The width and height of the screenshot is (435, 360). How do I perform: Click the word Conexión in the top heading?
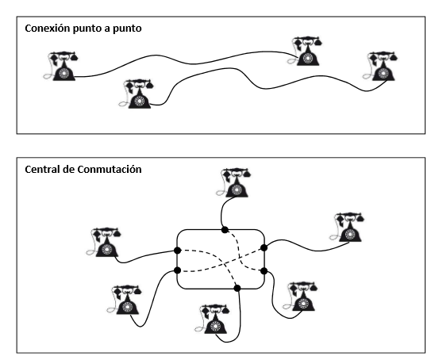tap(47, 29)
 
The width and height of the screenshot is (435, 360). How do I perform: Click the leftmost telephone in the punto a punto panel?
tap(61, 66)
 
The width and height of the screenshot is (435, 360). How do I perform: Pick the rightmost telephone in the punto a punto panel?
tap(380, 66)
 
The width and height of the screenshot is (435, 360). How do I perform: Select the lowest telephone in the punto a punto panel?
tap(136, 94)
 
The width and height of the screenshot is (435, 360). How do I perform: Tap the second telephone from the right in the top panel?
tap(305, 51)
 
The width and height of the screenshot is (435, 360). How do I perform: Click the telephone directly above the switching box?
tap(233, 182)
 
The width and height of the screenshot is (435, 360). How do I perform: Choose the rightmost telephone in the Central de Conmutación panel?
tap(347, 228)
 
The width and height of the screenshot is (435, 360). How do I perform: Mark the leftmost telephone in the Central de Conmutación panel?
tap(103, 242)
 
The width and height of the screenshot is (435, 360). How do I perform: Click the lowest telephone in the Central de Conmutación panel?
tap(212, 319)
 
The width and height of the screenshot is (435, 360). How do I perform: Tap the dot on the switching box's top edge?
tap(225, 230)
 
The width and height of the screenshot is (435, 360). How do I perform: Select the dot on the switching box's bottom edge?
tap(237, 288)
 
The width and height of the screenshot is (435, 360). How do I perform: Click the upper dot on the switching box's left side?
tap(178, 251)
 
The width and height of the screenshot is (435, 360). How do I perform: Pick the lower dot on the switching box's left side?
tap(178, 270)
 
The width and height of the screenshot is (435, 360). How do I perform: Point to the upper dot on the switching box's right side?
tap(264, 247)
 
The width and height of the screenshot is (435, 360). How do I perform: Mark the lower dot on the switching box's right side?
tap(264, 270)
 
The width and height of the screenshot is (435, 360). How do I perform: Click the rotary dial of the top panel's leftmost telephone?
tap(64, 74)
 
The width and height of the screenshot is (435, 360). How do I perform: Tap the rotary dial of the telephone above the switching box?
tap(237, 190)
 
